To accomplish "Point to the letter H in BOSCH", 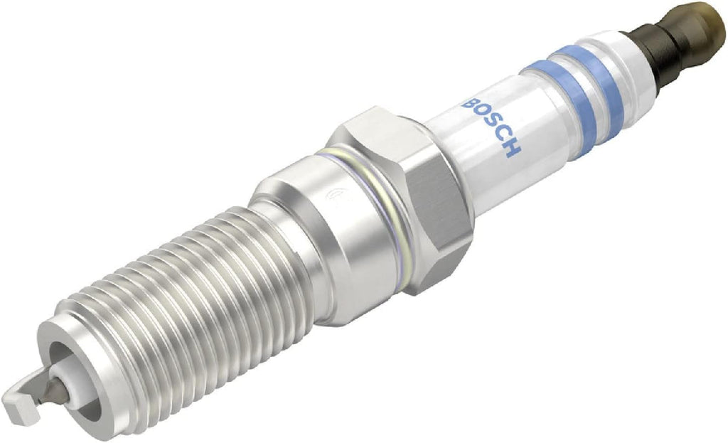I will (513, 146).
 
